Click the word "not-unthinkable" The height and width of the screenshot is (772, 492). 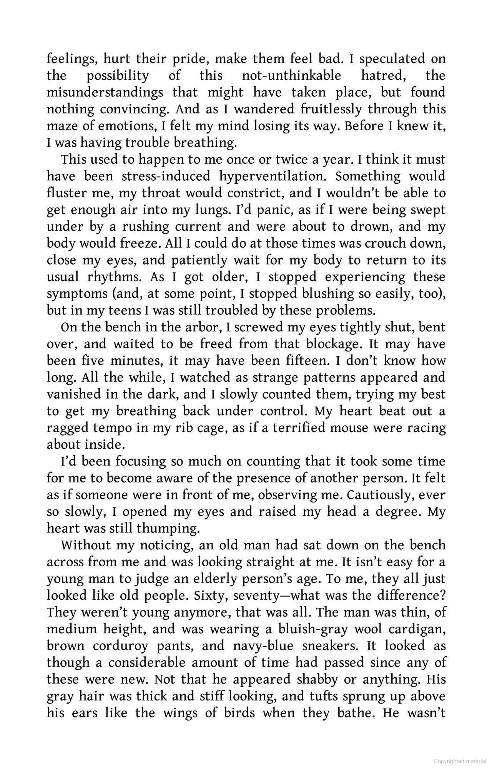(291, 76)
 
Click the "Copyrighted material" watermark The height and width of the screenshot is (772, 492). (460, 761)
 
